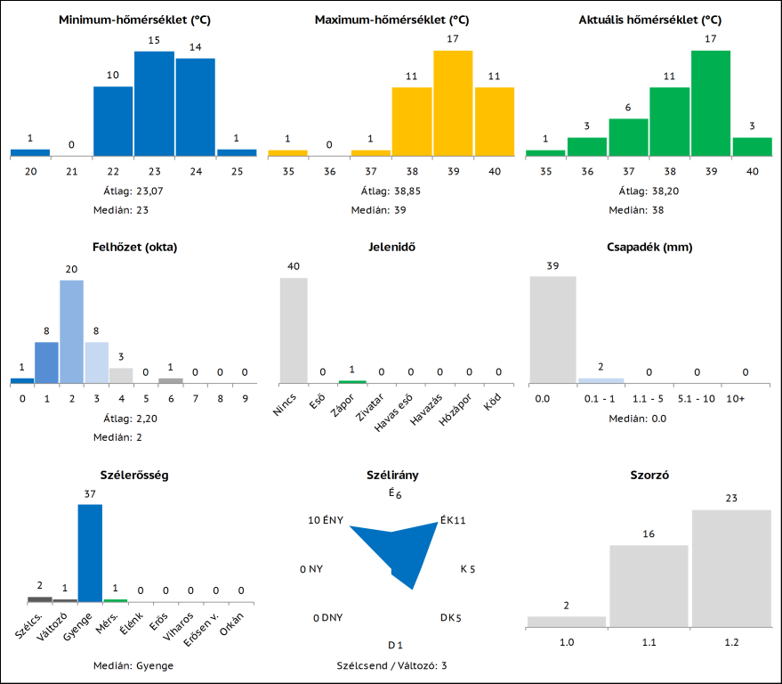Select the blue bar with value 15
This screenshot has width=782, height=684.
pos(154,103)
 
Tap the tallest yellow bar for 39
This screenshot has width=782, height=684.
pos(453,103)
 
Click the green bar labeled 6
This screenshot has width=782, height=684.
pos(628,137)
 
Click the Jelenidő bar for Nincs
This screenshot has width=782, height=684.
pos(294,330)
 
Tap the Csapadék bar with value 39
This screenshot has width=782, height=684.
pos(552,329)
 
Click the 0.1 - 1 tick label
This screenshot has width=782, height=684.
pos(601,398)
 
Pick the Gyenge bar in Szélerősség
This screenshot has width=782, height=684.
pos(90,553)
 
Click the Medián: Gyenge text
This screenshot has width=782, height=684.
pos(133,665)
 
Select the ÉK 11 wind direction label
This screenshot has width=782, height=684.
pos(453,520)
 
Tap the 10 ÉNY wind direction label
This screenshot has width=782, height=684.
pos(326,520)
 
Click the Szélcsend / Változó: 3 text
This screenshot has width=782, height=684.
pos(391,665)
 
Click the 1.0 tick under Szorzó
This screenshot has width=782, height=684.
pos(566,640)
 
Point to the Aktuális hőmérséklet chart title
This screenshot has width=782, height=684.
pos(649,19)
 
